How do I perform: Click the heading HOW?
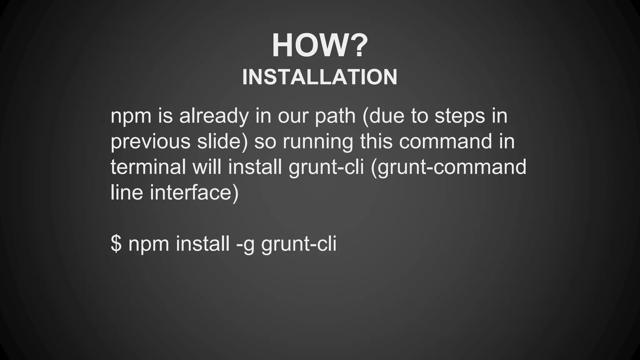point(319,46)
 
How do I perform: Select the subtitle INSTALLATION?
point(320,77)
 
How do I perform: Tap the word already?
point(214,116)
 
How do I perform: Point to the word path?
point(335,116)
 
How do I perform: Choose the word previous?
point(150,142)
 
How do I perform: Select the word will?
point(207,167)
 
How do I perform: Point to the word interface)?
point(194,192)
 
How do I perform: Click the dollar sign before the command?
point(116,243)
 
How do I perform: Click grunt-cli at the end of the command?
point(299,243)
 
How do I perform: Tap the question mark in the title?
point(356,46)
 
